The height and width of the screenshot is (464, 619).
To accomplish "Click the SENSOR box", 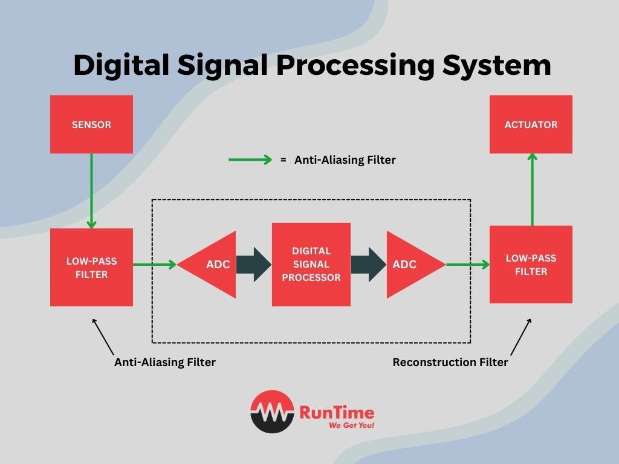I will coord(91,125).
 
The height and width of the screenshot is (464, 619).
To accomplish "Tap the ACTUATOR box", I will coord(531,124).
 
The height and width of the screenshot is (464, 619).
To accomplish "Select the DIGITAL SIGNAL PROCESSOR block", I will coord(311,264).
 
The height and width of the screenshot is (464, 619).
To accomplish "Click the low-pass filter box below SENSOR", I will coord(91,268).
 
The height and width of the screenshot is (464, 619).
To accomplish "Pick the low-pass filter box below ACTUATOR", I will coord(531,265).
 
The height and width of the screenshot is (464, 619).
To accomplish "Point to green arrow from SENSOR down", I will coord(91,190).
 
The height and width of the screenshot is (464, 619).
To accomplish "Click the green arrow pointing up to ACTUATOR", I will coord(532,188).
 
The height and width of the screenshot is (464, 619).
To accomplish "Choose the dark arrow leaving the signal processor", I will coord(368,265).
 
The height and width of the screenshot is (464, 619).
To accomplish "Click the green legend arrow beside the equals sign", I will coord(250,160).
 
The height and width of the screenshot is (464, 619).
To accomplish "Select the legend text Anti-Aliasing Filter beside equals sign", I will coord(345,160).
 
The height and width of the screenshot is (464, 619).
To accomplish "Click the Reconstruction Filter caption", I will coord(450,362).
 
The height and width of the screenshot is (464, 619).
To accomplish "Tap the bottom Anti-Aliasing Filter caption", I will coord(165,362).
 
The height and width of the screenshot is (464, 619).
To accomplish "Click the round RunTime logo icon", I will coord(272,411).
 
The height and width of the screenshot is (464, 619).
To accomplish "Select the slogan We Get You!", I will coord(351,425).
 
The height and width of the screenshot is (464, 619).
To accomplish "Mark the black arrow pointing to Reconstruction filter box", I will coord(520,337).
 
